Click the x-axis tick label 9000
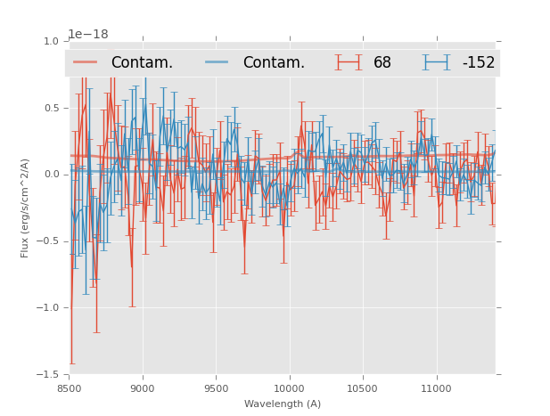point(143,388)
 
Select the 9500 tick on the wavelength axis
point(216,388)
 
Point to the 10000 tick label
point(289,388)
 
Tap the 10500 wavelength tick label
point(363,388)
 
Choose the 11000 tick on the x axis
point(436,388)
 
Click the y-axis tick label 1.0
point(50,41)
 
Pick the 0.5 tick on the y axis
point(50,108)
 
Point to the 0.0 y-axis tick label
point(50,175)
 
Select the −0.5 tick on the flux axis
point(47,241)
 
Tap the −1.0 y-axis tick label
point(47,308)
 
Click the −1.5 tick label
point(47,375)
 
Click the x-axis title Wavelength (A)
point(283,404)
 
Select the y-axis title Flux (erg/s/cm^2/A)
point(26,208)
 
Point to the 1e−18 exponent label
point(88,34)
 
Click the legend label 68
point(382,62)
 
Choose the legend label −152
point(478,62)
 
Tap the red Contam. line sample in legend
point(86,62)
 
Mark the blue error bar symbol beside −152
point(437,62)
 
